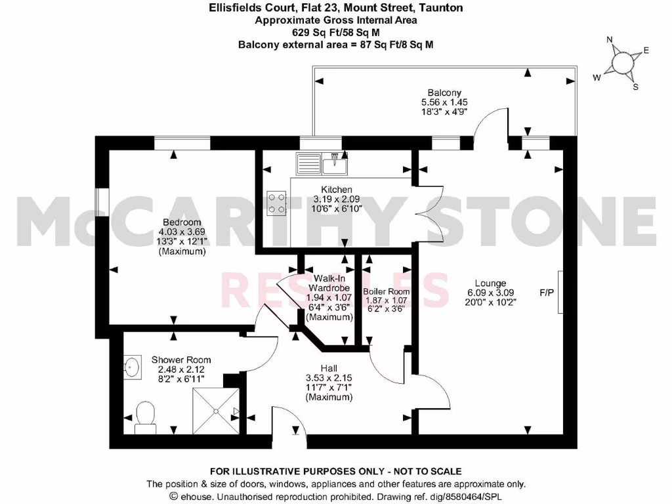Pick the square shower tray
(x=215, y=409)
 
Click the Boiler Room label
(x=386, y=291)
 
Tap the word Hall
(x=329, y=368)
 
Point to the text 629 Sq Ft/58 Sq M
(x=335, y=31)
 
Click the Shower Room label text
(x=181, y=360)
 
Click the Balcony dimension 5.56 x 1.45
(x=444, y=102)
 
